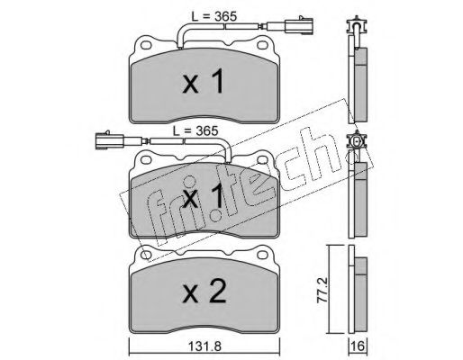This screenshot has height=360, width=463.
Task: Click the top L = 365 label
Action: pos(214,16)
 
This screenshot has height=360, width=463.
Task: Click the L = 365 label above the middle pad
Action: pos(195,130)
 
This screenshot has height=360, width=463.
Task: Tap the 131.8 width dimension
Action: pos(204,346)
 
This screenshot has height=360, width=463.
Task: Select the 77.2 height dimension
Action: pos(322,290)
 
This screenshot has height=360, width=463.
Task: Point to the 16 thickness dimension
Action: pos(358,346)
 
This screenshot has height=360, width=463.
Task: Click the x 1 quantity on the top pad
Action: pos(203,81)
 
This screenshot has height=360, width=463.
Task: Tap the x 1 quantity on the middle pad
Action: pos(203,195)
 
